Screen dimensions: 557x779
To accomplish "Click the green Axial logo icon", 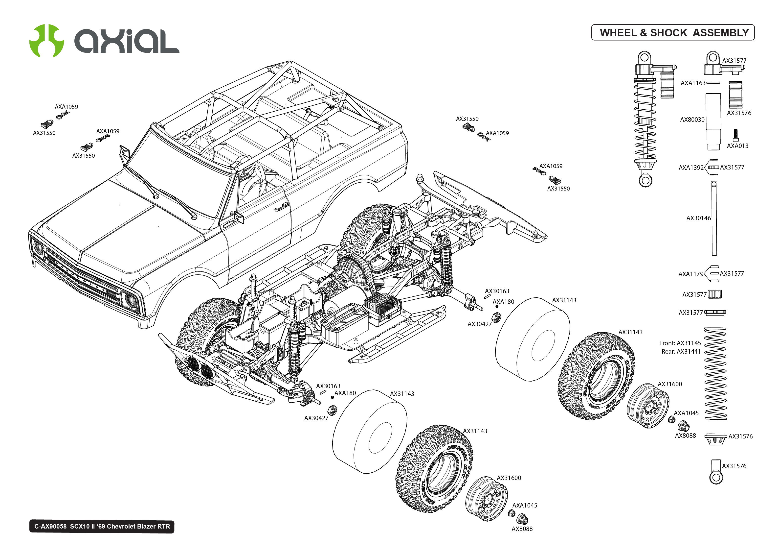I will coord(46,41).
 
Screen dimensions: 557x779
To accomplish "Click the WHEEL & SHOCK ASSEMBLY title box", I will coord(672,33).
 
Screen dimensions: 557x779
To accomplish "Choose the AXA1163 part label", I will coord(693,83).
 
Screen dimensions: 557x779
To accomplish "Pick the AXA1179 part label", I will coord(690,274).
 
